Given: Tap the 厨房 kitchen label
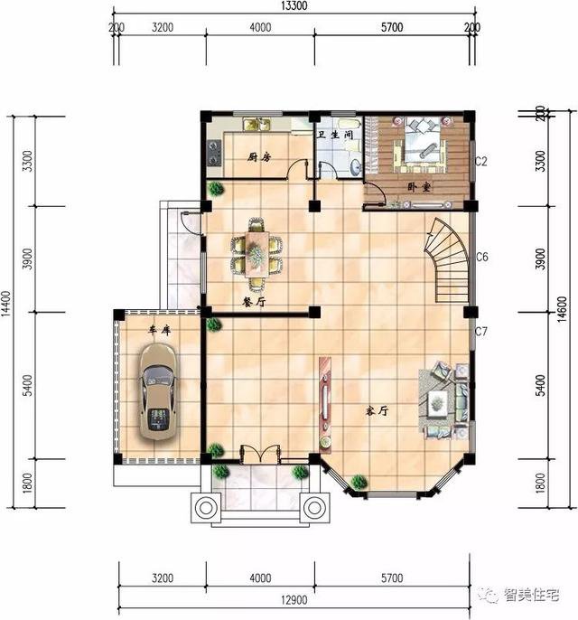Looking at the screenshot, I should pyautogui.click(x=259, y=157).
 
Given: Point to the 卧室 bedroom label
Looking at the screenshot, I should pyautogui.click(x=418, y=187).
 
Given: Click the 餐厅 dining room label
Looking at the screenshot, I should pyautogui.click(x=253, y=301).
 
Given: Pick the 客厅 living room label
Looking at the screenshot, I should pyautogui.click(x=377, y=409).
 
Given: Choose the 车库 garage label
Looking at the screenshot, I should pyautogui.click(x=160, y=331).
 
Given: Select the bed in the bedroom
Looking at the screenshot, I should pyautogui.click(x=423, y=146).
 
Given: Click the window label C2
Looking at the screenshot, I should pyautogui.click(x=481, y=162).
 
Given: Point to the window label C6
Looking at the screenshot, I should pyautogui.click(x=481, y=258).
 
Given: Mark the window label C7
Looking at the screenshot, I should pyautogui.click(x=481, y=332).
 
